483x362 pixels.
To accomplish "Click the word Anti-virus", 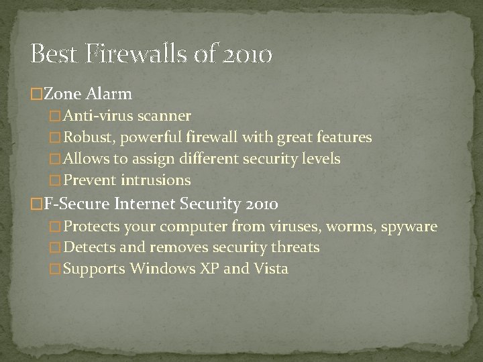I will pos(95,117).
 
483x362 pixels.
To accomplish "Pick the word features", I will pos(345,138).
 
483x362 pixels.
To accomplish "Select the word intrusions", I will pos(158,180).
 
